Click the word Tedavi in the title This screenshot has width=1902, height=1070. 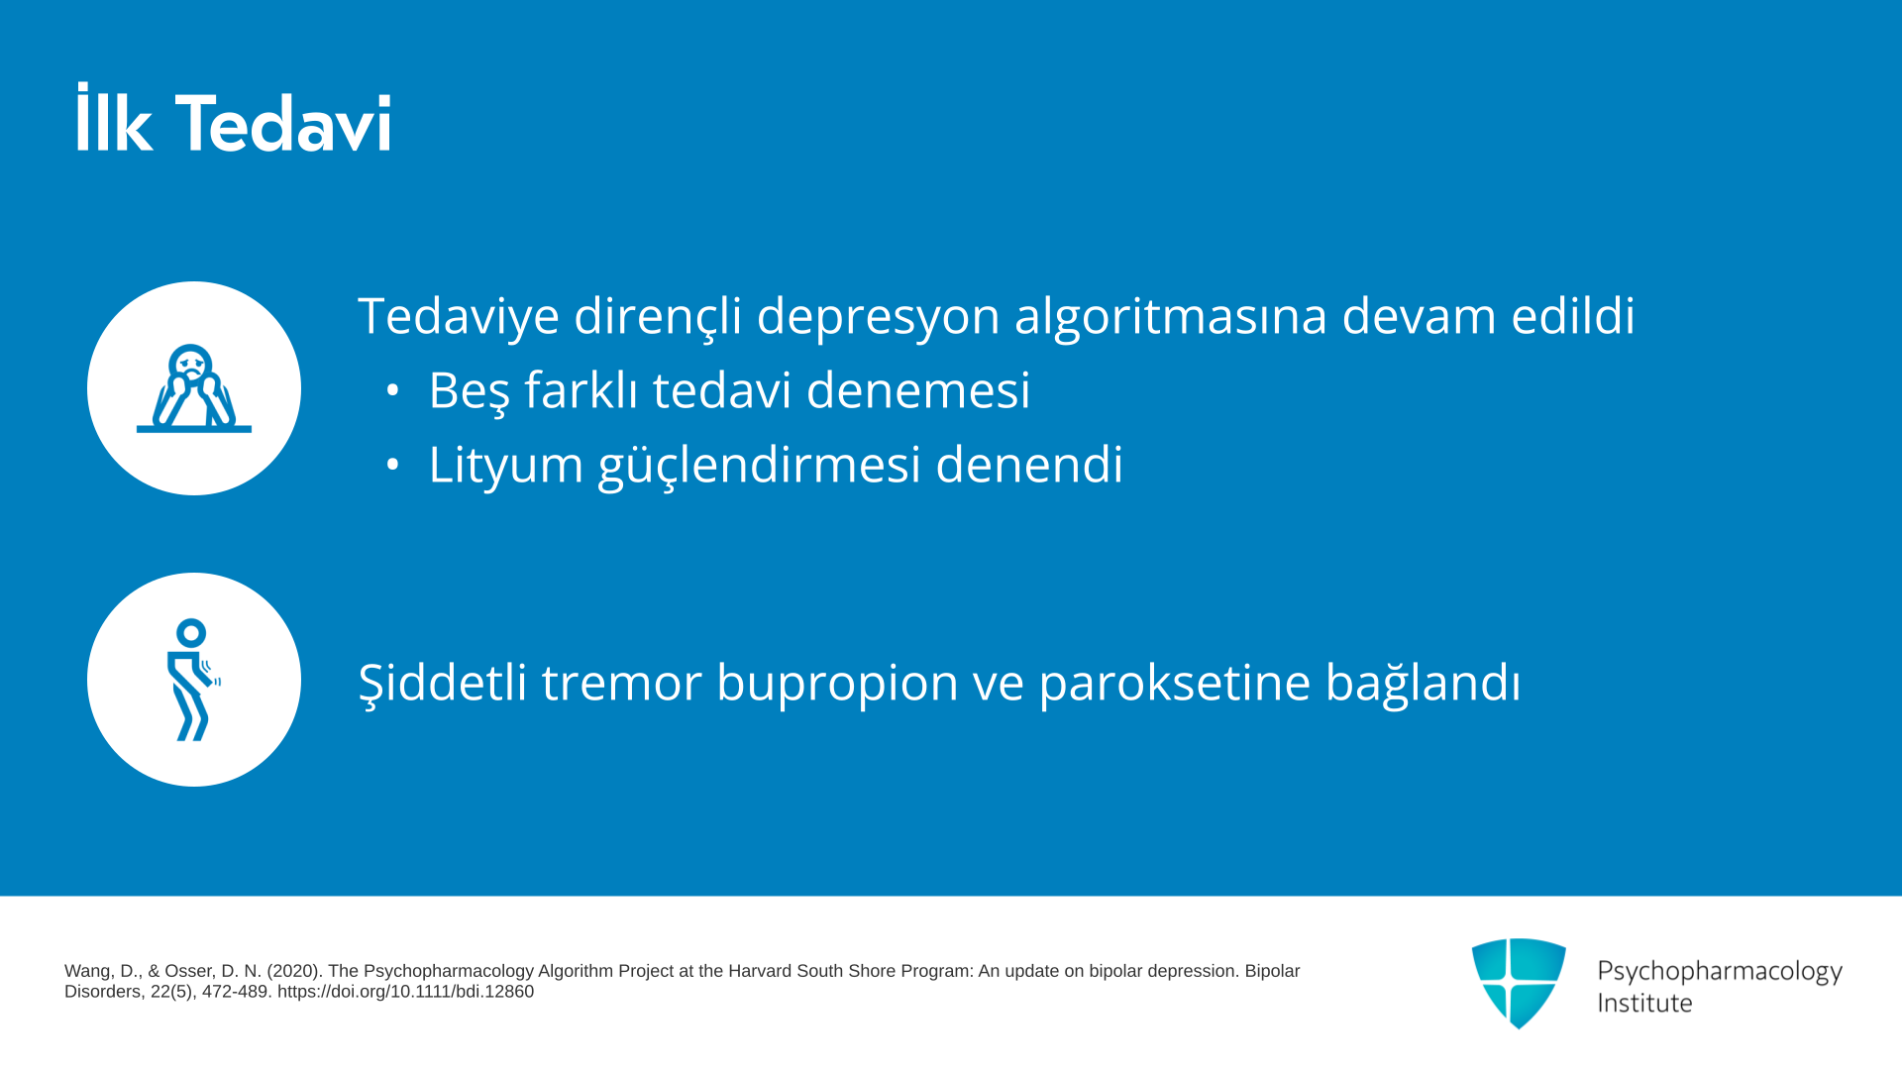coord(283,123)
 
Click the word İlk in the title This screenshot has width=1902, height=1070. coord(114,118)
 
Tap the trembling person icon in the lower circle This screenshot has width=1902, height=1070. coord(193,680)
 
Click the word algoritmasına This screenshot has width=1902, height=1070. coord(1171,317)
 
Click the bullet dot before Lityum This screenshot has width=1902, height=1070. coord(392,464)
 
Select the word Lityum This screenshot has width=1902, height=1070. coord(506,465)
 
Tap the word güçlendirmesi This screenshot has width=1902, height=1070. coord(760,465)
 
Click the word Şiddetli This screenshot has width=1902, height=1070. coord(443,683)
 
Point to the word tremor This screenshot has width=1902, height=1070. coord(622,683)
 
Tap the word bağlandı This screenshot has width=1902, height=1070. coord(1423,683)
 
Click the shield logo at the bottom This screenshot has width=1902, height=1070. coord(1519,983)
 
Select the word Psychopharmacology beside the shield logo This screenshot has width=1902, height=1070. coord(1720,972)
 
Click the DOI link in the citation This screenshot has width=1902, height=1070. coord(405,992)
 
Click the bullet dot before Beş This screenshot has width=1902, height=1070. coord(392,390)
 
